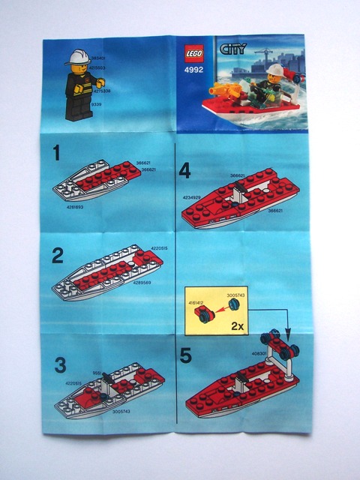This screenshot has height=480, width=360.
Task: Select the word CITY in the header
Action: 230,50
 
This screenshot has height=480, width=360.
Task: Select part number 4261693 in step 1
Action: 76,205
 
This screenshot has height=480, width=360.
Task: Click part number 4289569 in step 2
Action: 148,283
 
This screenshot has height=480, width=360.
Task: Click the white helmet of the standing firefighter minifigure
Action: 77,57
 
